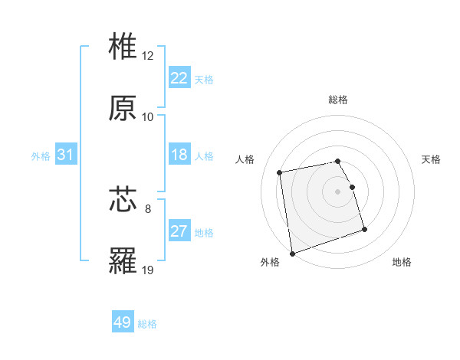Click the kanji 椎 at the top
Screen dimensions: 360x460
[x=123, y=47]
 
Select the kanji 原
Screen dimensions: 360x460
[x=123, y=108]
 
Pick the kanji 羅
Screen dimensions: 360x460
[x=123, y=260]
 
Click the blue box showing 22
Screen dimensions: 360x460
[x=179, y=78]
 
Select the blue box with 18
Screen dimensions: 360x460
[x=179, y=155]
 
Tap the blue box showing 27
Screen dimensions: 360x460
[x=179, y=231]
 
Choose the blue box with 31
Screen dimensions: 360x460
[x=66, y=155]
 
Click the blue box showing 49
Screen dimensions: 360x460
[x=123, y=322]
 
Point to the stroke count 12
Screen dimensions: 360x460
[x=148, y=56]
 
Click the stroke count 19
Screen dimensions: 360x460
[x=148, y=270]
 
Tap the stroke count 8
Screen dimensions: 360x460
[x=148, y=208]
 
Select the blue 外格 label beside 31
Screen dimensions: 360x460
[x=41, y=156]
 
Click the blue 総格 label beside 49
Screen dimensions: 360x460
[x=147, y=324]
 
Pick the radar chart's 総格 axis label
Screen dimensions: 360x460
[x=338, y=100]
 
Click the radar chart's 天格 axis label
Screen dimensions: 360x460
[x=432, y=159]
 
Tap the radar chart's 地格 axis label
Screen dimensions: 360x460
[x=402, y=262]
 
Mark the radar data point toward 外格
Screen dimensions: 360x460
[x=292, y=253]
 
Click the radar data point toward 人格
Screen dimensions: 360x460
[x=280, y=172]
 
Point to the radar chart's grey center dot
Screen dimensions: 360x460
[x=338, y=191]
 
